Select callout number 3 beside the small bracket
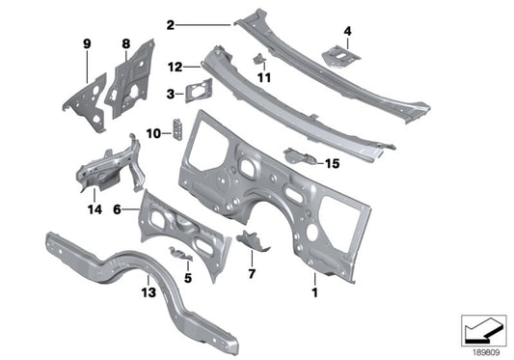171,95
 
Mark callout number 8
125,43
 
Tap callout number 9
86,43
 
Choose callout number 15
332,164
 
